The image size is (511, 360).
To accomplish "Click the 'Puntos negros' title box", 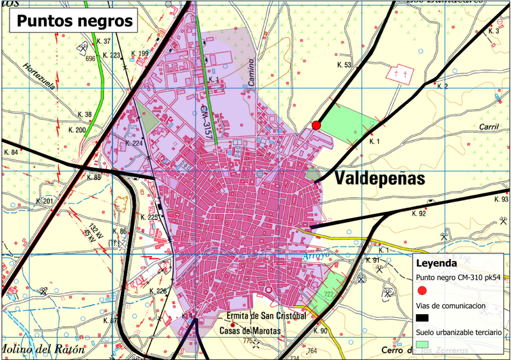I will click(x=74, y=20).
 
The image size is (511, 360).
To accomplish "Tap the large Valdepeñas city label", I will click(x=379, y=179).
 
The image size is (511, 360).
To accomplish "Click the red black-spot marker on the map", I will click(x=316, y=125).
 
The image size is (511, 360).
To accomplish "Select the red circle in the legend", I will click(x=422, y=292).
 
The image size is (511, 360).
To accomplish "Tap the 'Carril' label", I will click(x=488, y=126).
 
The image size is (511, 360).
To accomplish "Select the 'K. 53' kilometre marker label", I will click(x=344, y=65).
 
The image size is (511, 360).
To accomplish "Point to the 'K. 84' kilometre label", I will click(x=11, y=153).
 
